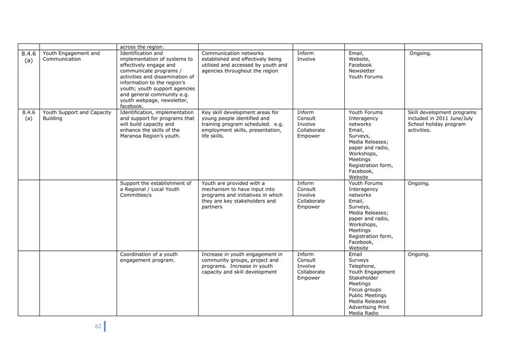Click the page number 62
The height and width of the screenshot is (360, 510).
click(x=98, y=326)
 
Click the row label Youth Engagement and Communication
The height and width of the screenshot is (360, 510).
click(x=71, y=57)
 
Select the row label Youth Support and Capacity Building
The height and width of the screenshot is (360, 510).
click(x=77, y=115)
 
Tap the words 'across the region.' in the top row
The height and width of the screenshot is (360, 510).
click(x=142, y=47)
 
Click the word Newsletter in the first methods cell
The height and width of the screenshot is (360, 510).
click(x=362, y=71)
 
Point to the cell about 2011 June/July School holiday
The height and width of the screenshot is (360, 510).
click(x=441, y=121)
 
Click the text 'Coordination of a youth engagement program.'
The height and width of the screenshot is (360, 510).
click(x=149, y=257)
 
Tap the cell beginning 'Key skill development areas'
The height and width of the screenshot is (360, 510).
click(x=242, y=124)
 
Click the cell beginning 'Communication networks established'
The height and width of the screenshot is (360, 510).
click(x=244, y=62)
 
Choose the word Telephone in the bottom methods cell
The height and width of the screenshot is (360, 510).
click(x=362, y=266)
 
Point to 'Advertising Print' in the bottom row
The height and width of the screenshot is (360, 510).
click(x=369, y=307)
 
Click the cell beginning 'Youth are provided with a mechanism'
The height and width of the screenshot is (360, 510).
click(x=242, y=195)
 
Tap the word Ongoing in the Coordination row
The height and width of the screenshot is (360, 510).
click(x=418, y=255)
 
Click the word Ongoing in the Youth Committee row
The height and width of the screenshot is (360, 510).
click(x=418, y=184)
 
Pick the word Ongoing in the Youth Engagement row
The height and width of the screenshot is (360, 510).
click(x=421, y=54)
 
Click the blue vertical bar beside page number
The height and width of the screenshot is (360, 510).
click(x=105, y=326)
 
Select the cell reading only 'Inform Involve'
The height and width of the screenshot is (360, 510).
click(x=306, y=57)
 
